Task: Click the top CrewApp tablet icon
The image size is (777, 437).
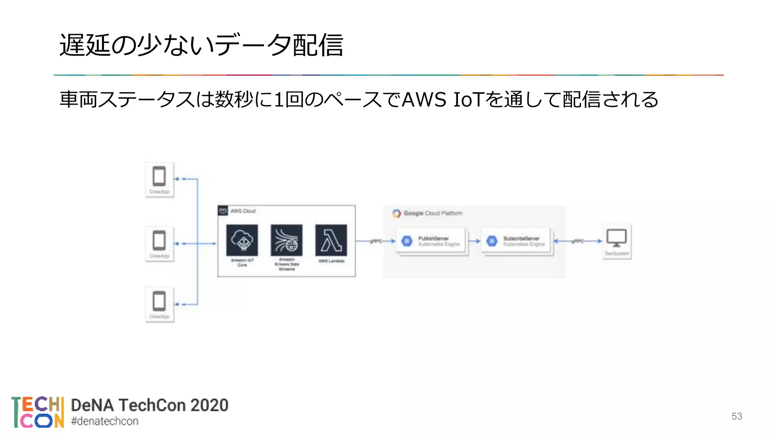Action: [159, 176]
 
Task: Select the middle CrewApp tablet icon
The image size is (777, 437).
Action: [159, 241]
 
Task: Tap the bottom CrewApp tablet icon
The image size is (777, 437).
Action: [159, 301]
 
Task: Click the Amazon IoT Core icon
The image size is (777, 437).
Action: [242, 241]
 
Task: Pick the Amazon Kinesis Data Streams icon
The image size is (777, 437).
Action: [286, 241]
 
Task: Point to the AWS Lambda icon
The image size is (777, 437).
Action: [331, 241]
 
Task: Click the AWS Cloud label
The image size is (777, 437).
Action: [243, 211]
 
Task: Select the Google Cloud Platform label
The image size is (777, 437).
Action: [433, 214]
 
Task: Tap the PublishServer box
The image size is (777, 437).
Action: [431, 241]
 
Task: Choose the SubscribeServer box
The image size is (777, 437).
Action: [516, 241]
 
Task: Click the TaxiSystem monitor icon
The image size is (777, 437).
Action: [617, 238]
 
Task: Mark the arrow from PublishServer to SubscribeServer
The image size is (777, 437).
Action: [474, 241]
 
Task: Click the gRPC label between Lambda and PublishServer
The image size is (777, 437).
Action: [376, 241]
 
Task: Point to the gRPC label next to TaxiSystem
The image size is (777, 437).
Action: [578, 241]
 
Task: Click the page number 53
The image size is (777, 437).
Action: [736, 416]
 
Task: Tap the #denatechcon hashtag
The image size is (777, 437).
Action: [105, 421]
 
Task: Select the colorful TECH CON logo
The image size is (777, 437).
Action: [38, 412]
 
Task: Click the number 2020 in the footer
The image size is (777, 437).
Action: [209, 405]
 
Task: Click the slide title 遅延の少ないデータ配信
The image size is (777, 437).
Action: [201, 45]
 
